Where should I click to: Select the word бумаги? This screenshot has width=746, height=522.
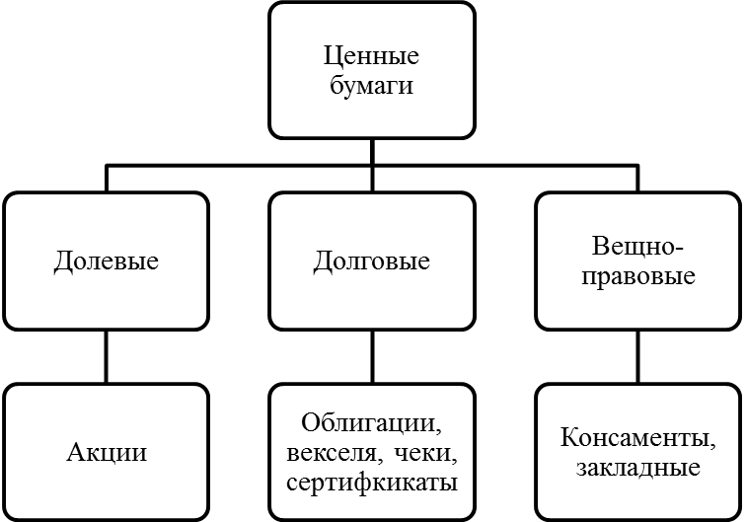click(372, 86)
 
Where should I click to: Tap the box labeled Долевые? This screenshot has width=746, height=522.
click(107, 261)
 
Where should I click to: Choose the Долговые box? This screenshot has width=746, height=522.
click(372, 261)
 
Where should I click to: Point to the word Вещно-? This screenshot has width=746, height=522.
click(637, 247)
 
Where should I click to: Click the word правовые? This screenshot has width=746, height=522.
click(637, 276)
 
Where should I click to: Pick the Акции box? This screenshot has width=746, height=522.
click(107, 453)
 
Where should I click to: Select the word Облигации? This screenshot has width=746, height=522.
click(372, 424)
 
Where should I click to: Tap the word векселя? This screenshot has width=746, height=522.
click(330, 454)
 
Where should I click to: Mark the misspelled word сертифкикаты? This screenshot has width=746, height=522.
click(372, 484)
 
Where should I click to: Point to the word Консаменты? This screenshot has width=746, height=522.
click(637, 438)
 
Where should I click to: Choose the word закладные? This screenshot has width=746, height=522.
click(637, 469)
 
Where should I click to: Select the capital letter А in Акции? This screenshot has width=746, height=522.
click(75, 453)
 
